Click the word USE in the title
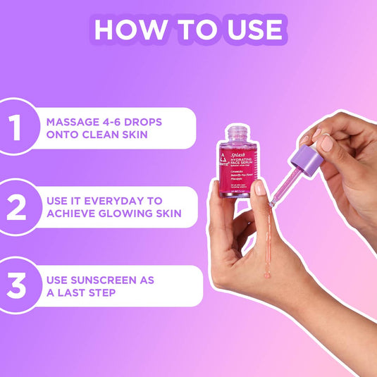[253, 30]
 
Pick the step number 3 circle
[16, 285]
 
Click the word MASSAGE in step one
[74, 121]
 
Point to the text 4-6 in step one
[118, 121]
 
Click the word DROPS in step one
[148, 121]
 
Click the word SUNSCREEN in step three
[111, 279]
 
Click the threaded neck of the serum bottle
[236, 132]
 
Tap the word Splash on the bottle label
[237, 149]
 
